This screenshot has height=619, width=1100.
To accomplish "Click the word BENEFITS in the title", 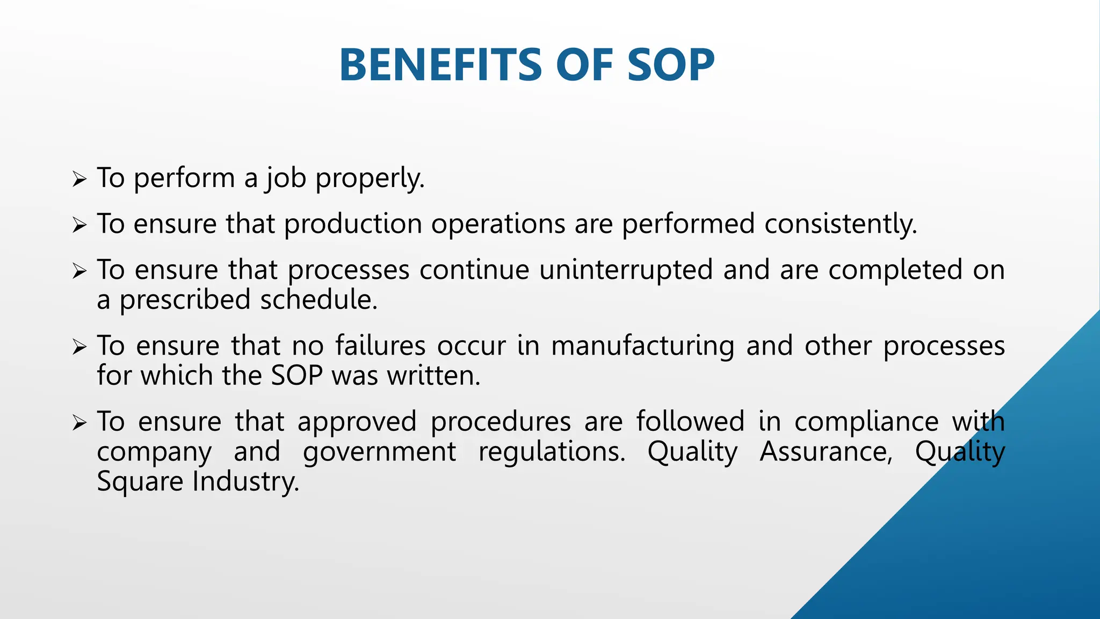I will pos(441,65).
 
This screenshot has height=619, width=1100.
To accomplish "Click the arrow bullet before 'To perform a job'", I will pos(79,179).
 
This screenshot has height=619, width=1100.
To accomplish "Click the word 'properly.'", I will pos(370,178).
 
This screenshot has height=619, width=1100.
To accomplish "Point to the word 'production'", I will pos(353,224).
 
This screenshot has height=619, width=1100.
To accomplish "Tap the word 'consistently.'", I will pos(841,224).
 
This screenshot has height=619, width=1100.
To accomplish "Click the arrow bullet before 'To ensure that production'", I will pos(79,225).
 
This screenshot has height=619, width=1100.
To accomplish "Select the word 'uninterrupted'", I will pos(626,270).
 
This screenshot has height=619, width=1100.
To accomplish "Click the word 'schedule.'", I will pos(319,300).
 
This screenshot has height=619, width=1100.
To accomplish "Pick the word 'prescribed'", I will pos(185,300).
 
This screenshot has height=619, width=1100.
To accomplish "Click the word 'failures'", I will pos(380,346).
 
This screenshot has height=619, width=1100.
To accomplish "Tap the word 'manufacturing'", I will pos(643,346).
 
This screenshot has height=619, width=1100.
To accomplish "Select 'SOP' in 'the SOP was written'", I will pos(296,376).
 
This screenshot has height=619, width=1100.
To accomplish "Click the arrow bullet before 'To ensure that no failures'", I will pos(79,347).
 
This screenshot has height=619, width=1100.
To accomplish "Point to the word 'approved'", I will pos(357,421).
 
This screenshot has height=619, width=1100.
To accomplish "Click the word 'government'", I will pos(379,451).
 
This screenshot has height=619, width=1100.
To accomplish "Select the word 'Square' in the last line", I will pos(140,481).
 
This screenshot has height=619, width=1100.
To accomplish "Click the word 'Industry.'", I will pos(246,481).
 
